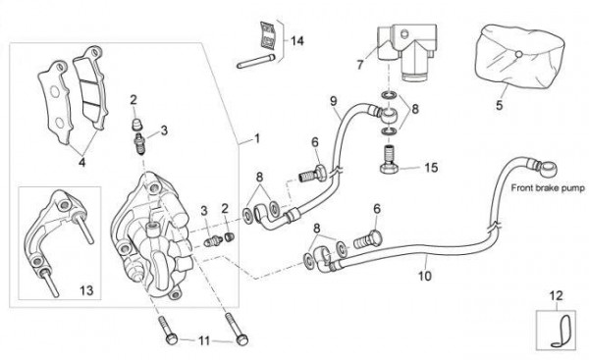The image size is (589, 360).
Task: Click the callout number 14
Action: tap(296, 40)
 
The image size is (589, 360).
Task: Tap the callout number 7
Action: tap(360, 65)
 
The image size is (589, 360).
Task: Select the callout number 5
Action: tap(499, 105)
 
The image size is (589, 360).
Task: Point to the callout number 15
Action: tap(431, 167)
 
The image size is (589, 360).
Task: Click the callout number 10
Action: tap(425, 276)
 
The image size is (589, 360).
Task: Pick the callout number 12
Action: tap(557, 296)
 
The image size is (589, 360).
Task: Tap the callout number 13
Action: tap(86, 290)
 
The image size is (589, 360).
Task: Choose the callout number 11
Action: tap(204, 340)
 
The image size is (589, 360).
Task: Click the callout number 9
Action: tap(334, 101)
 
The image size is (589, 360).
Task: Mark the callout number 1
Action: tap(257, 139)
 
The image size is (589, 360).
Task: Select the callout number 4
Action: tap(81, 162)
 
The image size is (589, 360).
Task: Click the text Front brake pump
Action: tap(548, 187)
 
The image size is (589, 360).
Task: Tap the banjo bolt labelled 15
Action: tap(389, 158)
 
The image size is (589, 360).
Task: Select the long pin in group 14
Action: tap(256, 61)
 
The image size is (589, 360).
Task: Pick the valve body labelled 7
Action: tap(406, 51)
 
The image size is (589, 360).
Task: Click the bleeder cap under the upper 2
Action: tap(137, 125)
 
